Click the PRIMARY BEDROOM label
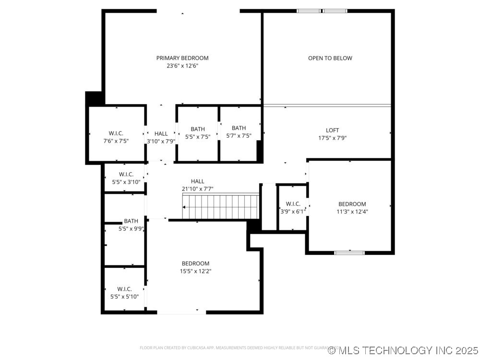point(182,58)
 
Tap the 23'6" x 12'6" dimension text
point(182,66)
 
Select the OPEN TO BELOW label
point(330,58)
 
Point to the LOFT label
point(332,130)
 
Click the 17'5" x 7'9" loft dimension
point(332,138)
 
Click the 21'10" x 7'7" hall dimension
point(197,189)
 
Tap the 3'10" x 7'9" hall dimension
point(161,141)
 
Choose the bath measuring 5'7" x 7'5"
point(239,132)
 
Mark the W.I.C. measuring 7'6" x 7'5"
point(117,137)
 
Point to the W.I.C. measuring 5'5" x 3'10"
point(126,178)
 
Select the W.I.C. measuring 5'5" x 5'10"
point(124,292)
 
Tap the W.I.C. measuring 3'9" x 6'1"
point(293,207)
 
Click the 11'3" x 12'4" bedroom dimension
point(352,211)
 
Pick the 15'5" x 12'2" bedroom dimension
point(195,271)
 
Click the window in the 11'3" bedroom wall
point(349,252)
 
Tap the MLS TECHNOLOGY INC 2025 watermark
point(403,350)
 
